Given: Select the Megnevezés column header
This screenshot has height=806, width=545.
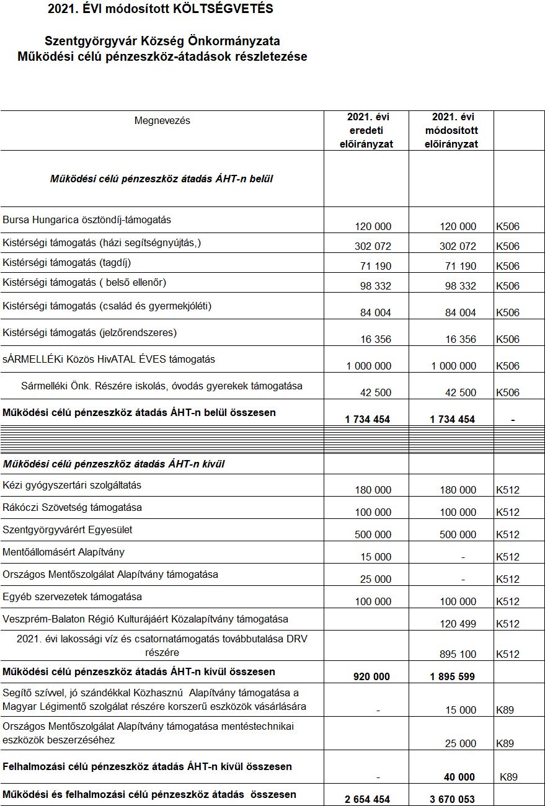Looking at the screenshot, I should tap(162, 120).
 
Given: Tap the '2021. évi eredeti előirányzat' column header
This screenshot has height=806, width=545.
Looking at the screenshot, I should tap(366, 130).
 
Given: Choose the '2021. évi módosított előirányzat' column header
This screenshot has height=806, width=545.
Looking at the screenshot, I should tap(451, 130).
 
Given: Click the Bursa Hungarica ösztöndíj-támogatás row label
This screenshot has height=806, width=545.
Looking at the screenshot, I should tap(87, 219).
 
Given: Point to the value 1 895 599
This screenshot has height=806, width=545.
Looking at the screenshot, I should tap(452, 676).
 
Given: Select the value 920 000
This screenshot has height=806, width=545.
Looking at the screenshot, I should tap(372, 676).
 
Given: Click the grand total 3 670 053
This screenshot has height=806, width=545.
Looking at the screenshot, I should tap(452, 799).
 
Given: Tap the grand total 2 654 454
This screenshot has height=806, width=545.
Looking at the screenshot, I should tap(367, 799).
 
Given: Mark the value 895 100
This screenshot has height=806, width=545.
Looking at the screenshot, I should tap(458, 654).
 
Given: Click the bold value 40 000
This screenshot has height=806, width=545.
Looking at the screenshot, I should tap(459, 777).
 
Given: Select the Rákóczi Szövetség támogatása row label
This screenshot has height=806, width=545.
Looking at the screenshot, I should tap(72, 507).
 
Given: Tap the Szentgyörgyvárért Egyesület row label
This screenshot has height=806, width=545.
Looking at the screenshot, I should tap(68, 529).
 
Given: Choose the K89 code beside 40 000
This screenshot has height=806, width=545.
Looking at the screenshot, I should tap(508, 777).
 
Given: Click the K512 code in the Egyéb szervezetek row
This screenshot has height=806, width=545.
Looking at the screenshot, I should tap(508, 601).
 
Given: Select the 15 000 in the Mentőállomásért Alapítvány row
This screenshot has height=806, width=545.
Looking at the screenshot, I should tap(376, 557).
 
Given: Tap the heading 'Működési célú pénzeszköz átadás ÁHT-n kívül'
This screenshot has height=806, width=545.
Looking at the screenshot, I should tap(113, 464).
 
